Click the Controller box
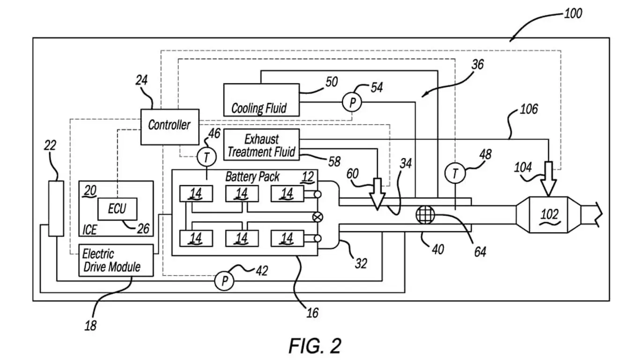170,126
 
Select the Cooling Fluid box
261,100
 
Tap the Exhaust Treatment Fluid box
262,144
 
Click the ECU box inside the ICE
117,209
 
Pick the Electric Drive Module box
116,260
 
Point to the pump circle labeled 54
351,102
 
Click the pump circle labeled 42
224,281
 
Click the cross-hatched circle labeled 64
425,214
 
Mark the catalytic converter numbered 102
549,214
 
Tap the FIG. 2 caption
314,346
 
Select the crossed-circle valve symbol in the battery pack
318,217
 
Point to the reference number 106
528,110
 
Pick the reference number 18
90,324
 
